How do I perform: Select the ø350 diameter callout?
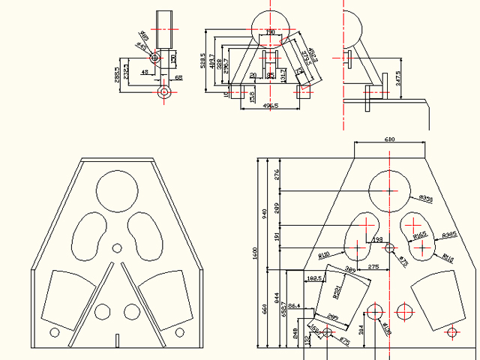coord(425,199)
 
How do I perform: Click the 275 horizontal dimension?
coord(373,268)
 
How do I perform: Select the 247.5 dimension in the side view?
coord(399,78)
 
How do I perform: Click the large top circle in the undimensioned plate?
coord(116,190)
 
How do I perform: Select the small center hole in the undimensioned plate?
coord(116,248)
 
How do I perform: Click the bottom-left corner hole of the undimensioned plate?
coord(54,331)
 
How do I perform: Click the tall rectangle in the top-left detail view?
coord(163,29)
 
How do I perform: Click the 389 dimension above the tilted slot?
coord(349,268)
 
